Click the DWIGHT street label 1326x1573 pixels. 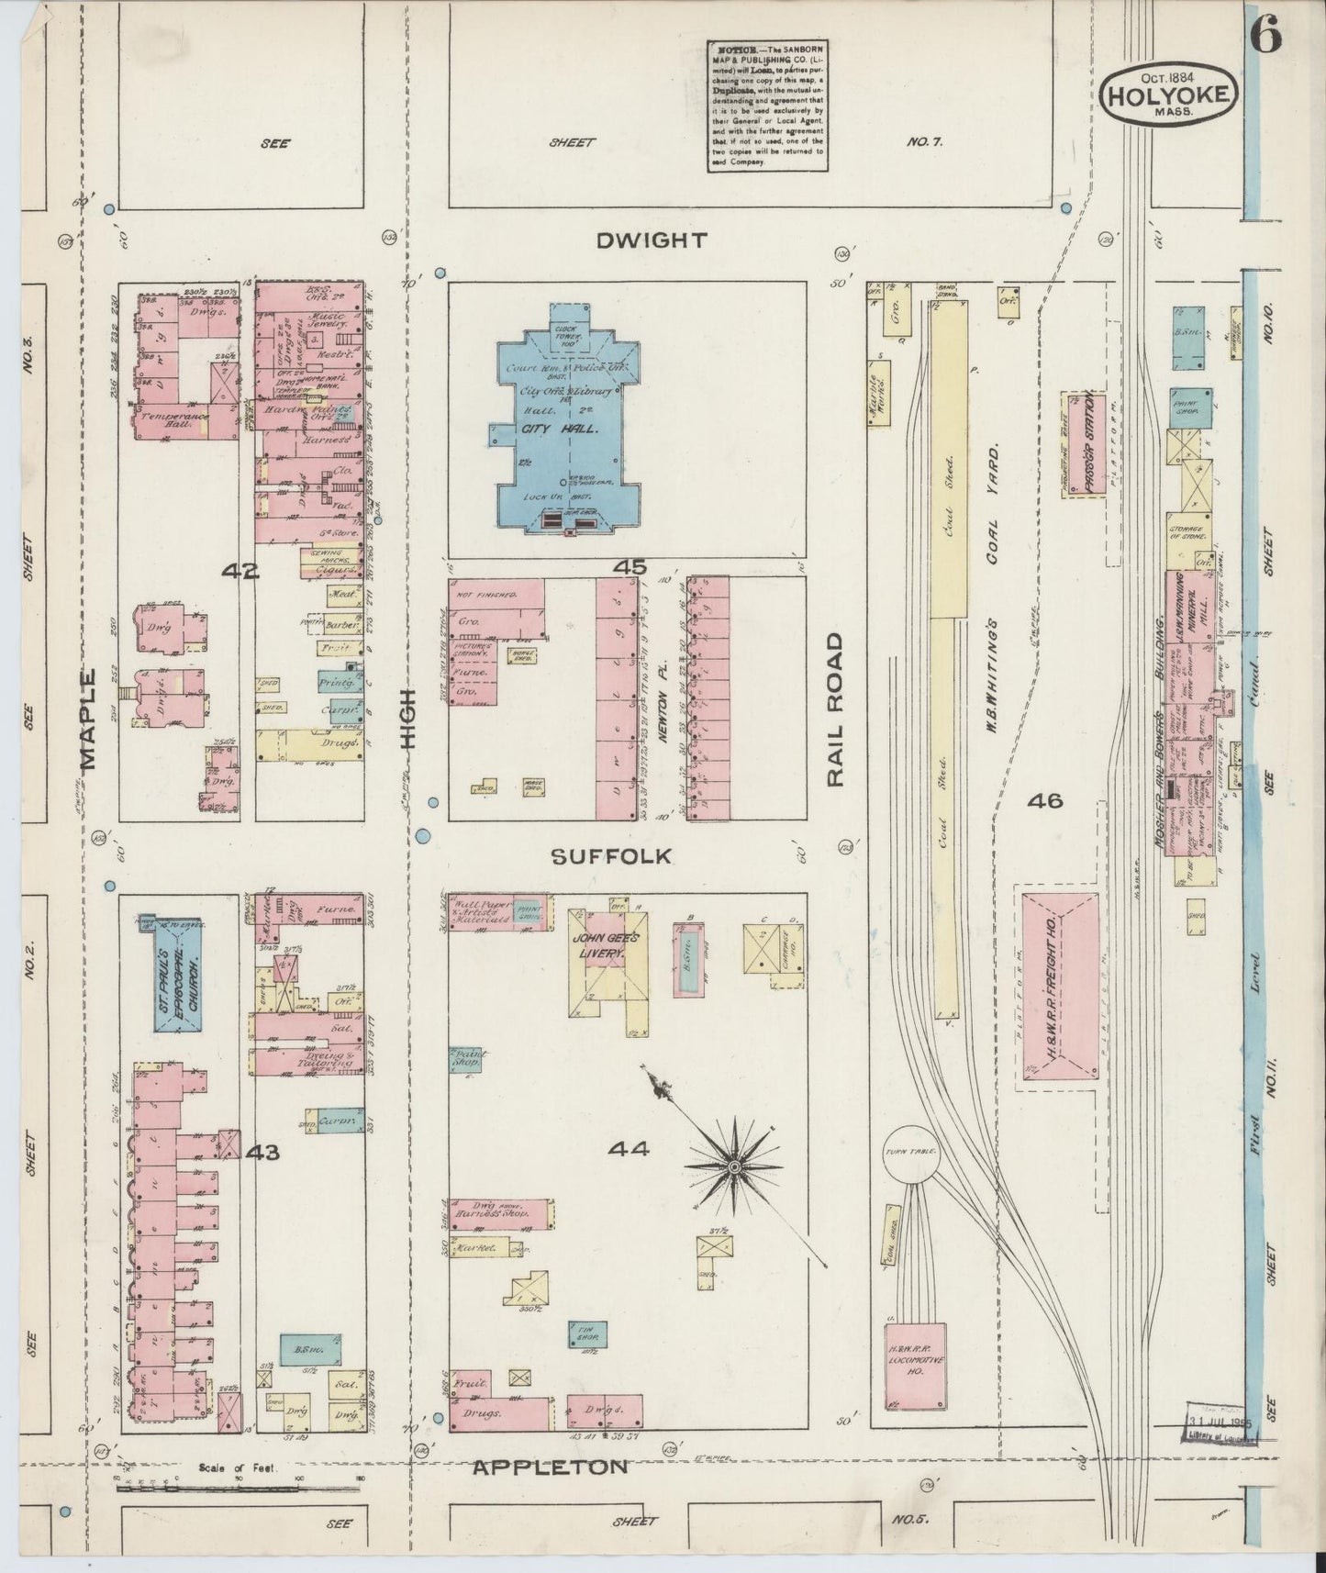click(x=652, y=241)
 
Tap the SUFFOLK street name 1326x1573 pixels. click(x=611, y=856)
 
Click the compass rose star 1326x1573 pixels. click(x=734, y=1166)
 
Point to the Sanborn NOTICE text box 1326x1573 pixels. click(x=766, y=106)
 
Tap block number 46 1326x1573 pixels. click(x=1045, y=801)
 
